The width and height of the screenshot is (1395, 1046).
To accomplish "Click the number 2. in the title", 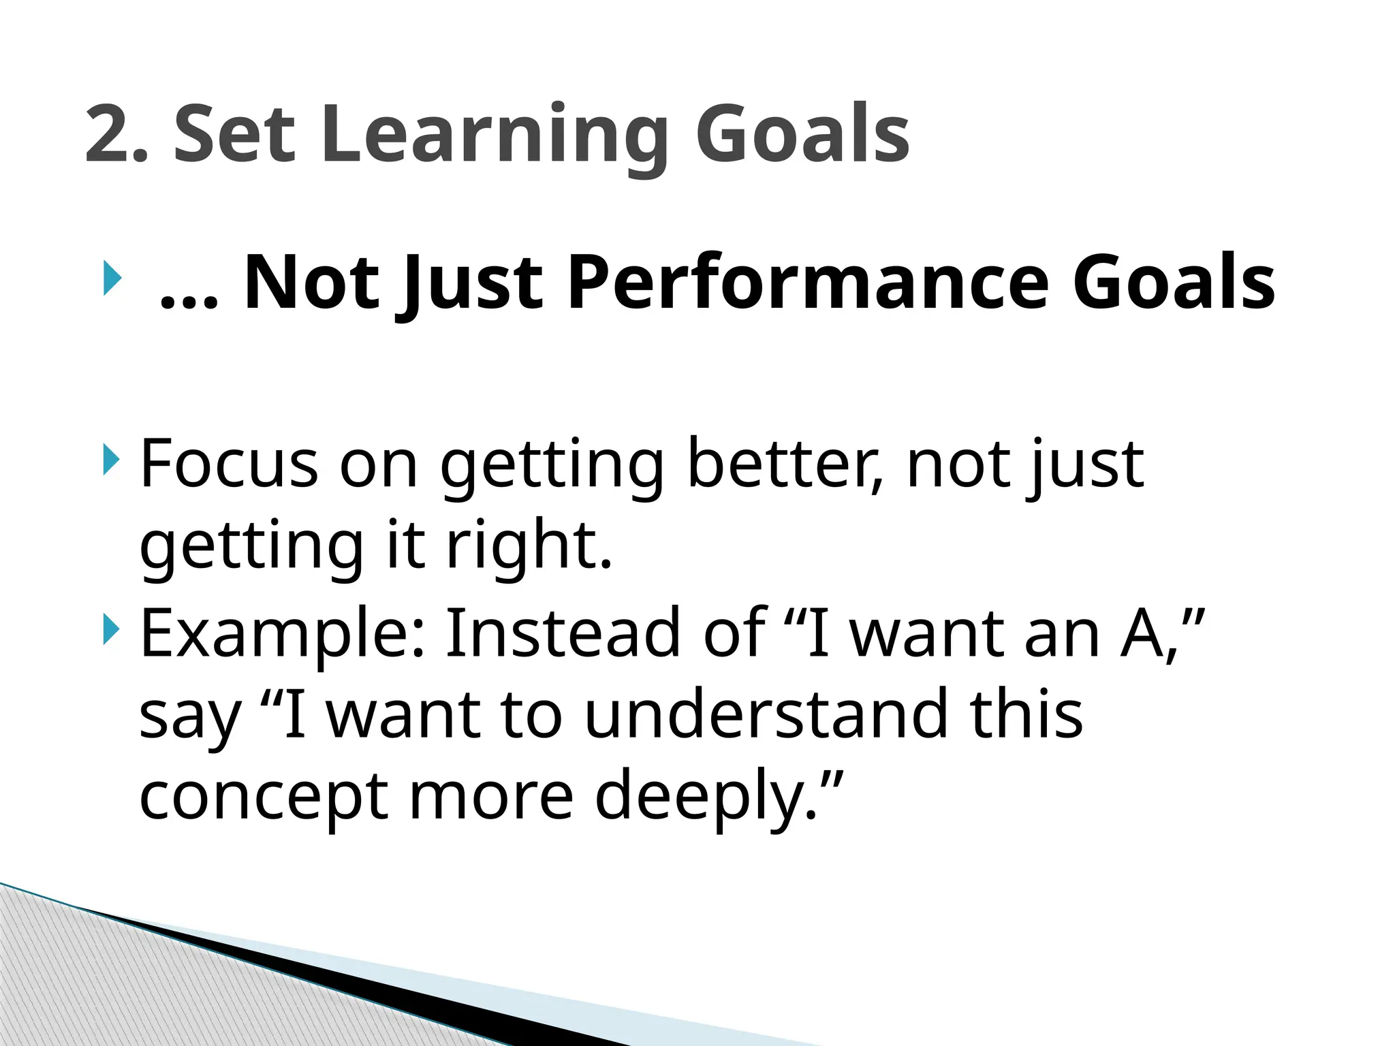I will pos(116,134).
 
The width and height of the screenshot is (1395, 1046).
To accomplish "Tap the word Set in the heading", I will pos(234,134).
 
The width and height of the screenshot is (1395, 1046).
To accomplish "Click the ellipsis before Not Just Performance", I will pos(189,300).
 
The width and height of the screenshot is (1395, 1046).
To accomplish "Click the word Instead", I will pos(563,633).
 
